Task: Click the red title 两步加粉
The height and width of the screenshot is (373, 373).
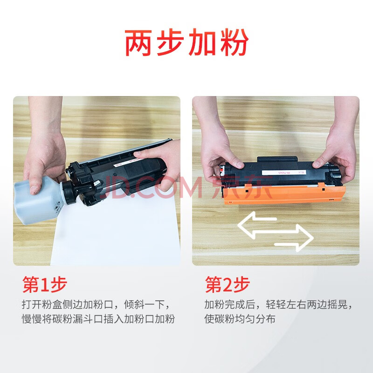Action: (x=187, y=42)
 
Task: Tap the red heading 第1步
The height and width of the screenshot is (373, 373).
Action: (x=44, y=284)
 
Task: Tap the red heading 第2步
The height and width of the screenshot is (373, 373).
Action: (x=228, y=284)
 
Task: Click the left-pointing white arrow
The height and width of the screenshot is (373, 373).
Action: (x=257, y=224)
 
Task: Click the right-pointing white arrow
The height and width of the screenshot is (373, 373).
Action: (x=294, y=238)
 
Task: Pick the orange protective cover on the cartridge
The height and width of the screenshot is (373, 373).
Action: (x=284, y=193)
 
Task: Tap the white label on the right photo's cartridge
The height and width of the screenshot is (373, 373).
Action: (x=284, y=172)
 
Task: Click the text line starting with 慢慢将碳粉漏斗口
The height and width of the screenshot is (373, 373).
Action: (x=98, y=319)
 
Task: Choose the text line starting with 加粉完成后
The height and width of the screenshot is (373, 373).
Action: (x=278, y=304)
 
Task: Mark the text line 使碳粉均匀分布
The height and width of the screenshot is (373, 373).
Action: (x=240, y=319)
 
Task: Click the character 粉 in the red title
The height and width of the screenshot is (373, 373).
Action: (x=235, y=42)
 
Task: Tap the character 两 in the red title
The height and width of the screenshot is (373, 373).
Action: (x=138, y=43)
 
